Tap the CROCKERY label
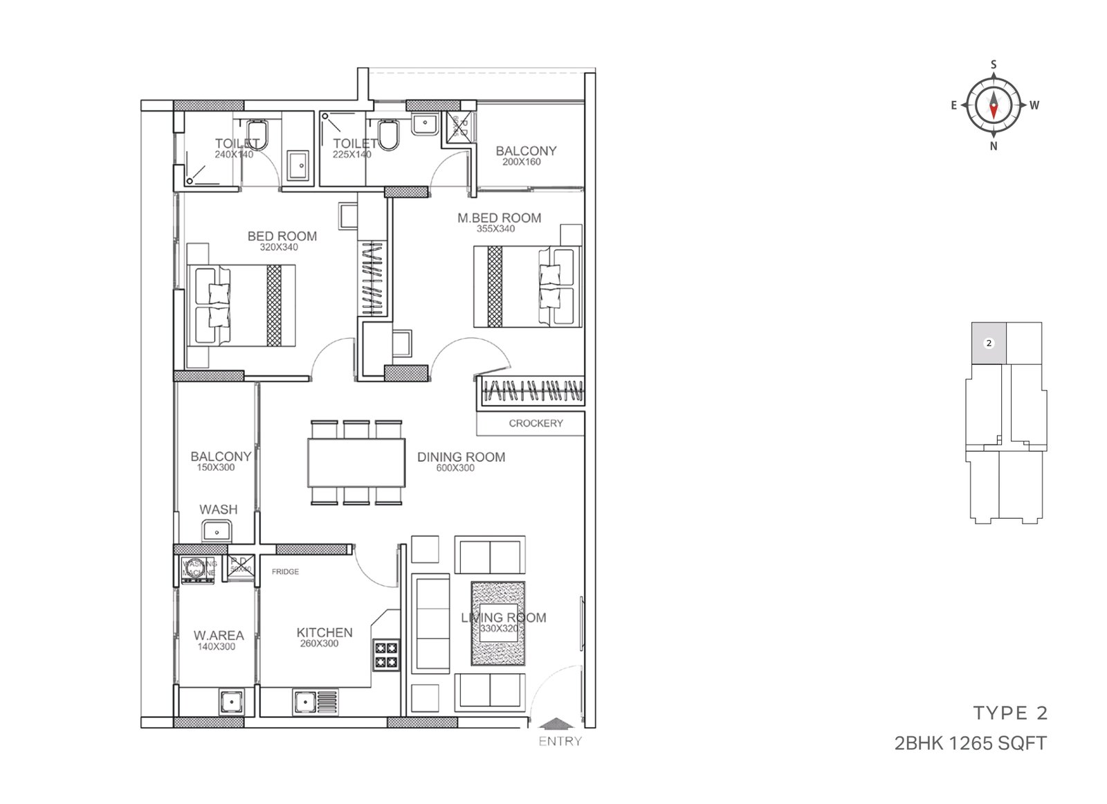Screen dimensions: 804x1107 pyautogui.click(x=536, y=423)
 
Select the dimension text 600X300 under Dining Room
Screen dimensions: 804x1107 pyautogui.click(x=455, y=468)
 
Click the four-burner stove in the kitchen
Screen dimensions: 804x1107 pyautogui.click(x=387, y=655)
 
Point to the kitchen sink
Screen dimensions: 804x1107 pyautogui.click(x=303, y=702)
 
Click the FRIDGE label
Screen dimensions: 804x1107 pyautogui.click(x=285, y=571)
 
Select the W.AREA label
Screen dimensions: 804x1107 pyautogui.click(x=219, y=635)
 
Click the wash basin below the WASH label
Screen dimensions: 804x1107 pyautogui.click(x=218, y=532)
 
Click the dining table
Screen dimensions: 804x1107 pyautogui.click(x=356, y=463)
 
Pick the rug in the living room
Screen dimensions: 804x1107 pyautogui.click(x=498, y=623)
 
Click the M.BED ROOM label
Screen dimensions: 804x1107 pyautogui.click(x=499, y=217)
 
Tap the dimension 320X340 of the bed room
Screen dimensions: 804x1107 pyautogui.click(x=278, y=247)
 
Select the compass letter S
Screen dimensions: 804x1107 pyautogui.click(x=994, y=65)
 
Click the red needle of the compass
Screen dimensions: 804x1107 pyautogui.click(x=994, y=109)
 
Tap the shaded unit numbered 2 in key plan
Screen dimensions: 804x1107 pyautogui.click(x=989, y=343)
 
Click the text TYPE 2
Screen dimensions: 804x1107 pyautogui.click(x=1010, y=713)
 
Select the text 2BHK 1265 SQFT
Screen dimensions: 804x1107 pyautogui.click(x=970, y=743)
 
